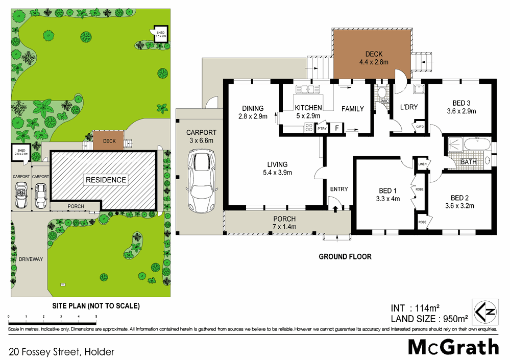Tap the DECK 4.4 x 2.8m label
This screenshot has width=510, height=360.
point(373,58)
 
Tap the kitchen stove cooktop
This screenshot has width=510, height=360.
point(308,128)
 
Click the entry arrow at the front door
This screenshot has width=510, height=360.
point(335,208)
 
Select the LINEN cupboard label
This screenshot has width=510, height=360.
point(422,164)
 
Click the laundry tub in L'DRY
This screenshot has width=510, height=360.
point(418,90)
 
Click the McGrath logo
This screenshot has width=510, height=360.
point(453,347)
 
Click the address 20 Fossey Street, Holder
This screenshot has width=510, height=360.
point(61,351)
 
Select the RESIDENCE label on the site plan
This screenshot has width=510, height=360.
point(106,180)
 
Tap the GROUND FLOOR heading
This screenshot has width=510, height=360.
point(345,256)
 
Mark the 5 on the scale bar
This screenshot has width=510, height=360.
point(96,317)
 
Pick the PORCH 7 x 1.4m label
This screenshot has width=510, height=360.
point(284,223)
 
